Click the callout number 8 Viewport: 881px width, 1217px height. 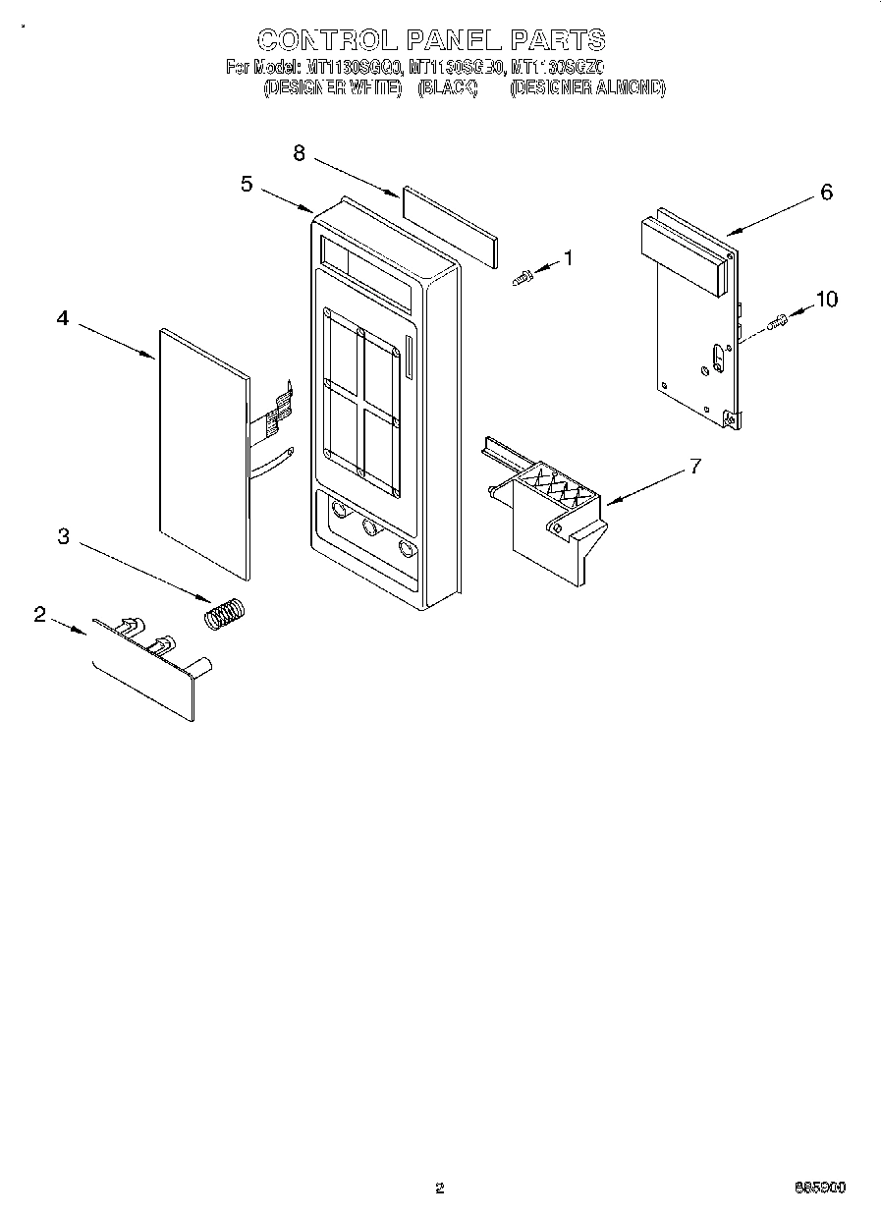[x=300, y=152]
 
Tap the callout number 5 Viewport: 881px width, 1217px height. [x=248, y=184]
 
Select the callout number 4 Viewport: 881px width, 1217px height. [x=63, y=317]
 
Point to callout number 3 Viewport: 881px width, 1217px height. [x=63, y=536]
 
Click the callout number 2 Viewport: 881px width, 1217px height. [x=39, y=615]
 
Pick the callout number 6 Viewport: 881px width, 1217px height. [x=826, y=193]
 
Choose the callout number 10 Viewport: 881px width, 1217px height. [x=827, y=299]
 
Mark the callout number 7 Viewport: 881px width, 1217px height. [x=695, y=467]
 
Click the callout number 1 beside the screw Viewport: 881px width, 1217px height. [x=567, y=258]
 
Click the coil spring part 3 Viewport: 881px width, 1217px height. [x=227, y=615]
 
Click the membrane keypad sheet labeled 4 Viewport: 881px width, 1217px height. [x=202, y=452]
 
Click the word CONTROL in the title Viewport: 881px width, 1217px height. [x=327, y=39]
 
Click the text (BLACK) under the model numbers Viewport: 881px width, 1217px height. [x=447, y=87]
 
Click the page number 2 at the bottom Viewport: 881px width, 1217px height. [x=440, y=1188]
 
